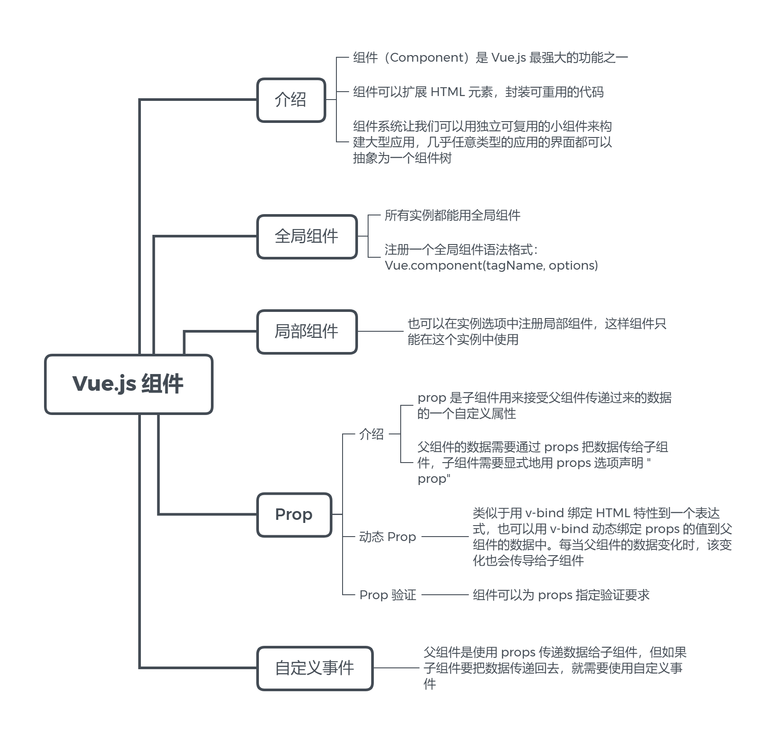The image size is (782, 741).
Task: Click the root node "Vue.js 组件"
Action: click(128, 384)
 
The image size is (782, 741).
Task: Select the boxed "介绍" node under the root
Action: click(291, 100)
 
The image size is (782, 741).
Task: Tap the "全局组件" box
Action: click(306, 237)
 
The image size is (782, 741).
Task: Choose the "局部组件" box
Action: click(306, 332)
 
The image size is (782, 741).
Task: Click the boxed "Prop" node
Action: click(294, 515)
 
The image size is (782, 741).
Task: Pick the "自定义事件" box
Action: click(314, 668)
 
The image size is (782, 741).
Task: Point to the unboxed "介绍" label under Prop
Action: click(371, 434)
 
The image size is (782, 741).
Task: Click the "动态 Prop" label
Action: click(387, 537)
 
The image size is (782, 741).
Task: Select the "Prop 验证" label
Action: click(387, 595)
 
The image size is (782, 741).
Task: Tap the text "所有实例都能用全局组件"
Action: click(452, 215)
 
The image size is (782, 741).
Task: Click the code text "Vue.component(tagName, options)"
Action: click(491, 266)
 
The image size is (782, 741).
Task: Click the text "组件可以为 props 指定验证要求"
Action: click(561, 595)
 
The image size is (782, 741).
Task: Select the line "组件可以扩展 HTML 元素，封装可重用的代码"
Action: click(478, 92)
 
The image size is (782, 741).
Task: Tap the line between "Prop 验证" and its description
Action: click(445, 595)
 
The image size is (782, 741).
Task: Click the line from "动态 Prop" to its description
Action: click(445, 537)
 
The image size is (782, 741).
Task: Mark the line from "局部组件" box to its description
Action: click(380, 331)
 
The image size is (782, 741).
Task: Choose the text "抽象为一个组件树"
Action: click(402, 158)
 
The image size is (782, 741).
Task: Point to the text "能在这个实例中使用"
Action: click(463, 340)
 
